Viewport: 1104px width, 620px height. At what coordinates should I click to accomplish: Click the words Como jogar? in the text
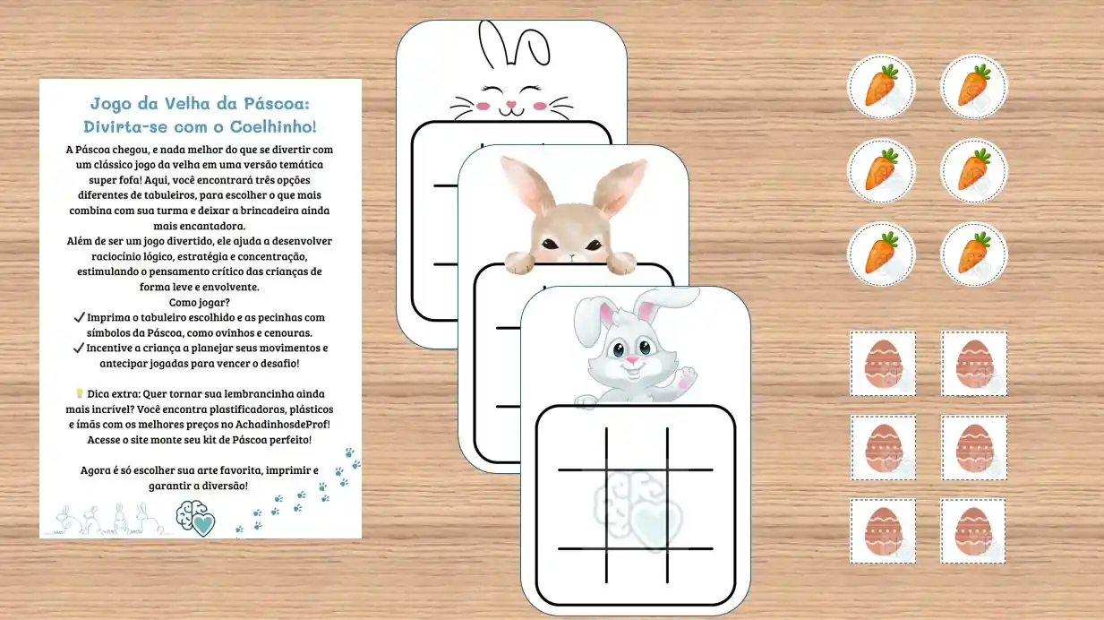199,302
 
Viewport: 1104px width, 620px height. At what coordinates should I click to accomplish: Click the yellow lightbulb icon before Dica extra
80,392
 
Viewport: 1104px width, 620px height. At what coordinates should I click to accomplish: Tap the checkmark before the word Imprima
79,318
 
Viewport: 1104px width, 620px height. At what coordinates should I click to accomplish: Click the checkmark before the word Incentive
79,349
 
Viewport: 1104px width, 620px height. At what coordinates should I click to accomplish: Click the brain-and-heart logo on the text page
196,519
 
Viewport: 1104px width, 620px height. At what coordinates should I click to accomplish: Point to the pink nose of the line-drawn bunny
511,105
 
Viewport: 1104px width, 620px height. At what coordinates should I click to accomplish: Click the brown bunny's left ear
526,185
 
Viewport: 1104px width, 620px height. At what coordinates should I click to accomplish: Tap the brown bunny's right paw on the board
621,262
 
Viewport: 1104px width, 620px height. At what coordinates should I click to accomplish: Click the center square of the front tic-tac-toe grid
637,509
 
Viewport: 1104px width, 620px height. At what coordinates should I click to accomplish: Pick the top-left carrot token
881,87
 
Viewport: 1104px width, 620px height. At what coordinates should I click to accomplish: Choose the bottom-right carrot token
974,254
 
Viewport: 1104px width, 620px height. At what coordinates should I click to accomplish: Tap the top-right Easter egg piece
974,364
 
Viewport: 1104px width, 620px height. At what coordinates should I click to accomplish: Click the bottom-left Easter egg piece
883,531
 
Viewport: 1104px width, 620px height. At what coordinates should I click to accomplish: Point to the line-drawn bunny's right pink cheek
540,106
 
